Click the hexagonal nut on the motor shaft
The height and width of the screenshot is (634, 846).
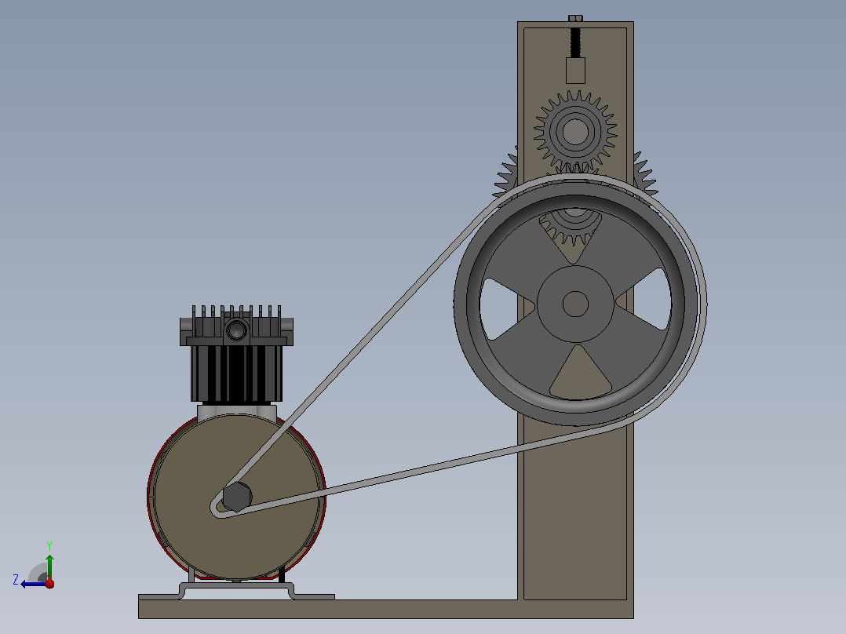pyautogui.click(x=237, y=497)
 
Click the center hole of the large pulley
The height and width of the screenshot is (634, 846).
pyautogui.click(x=575, y=304)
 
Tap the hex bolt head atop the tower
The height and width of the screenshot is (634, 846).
pyautogui.click(x=576, y=18)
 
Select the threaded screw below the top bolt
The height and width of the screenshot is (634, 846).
pyautogui.click(x=576, y=42)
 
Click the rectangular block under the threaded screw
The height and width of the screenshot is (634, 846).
pyautogui.click(x=576, y=71)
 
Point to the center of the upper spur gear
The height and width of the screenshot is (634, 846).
pyautogui.click(x=575, y=132)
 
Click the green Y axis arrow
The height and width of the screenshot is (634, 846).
pyautogui.click(x=49, y=567)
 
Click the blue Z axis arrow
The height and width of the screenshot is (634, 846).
pyautogui.click(x=34, y=584)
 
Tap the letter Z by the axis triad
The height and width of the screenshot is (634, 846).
pyautogui.click(x=16, y=580)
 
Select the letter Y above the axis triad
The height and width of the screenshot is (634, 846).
pyautogui.click(x=49, y=545)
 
